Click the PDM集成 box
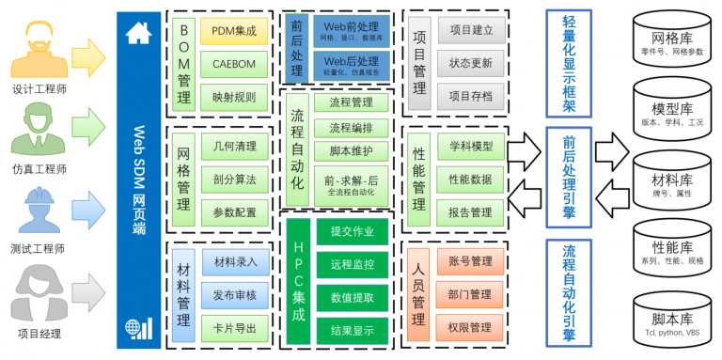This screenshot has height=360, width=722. (234, 31)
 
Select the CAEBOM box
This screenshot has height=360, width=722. (234, 64)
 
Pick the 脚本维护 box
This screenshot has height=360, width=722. (351, 151)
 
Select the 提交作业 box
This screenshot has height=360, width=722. (352, 231)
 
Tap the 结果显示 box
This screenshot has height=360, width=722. (352, 330)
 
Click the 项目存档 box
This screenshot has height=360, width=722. (470, 96)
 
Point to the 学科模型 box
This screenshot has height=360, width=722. (470, 147)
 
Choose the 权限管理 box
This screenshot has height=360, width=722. (470, 327)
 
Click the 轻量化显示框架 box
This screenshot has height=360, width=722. (568, 64)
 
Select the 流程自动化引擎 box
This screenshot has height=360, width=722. (568, 292)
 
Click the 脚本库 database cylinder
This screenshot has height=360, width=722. (670, 317)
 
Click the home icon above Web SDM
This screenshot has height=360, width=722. (138, 31)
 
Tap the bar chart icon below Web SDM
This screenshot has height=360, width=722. (138, 327)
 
